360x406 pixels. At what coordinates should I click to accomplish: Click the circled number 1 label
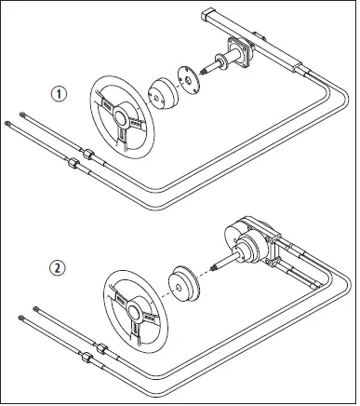[58, 95]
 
